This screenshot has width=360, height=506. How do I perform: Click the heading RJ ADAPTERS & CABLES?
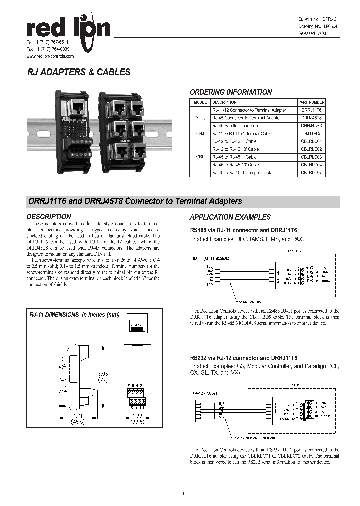point(78,72)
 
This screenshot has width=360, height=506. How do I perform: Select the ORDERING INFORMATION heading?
point(231,92)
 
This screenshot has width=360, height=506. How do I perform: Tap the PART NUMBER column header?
point(311,102)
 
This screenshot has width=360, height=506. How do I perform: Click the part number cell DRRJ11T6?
point(311,110)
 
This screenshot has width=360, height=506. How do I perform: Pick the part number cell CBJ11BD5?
point(311,134)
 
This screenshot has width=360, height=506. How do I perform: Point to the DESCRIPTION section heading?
point(49,217)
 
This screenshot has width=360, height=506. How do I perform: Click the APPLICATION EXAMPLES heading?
point(230,217)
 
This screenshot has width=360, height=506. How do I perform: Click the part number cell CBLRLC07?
point(311,173)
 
